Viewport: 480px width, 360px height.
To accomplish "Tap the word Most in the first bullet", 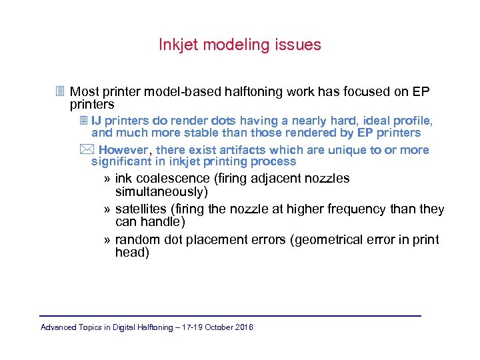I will [x=85, y=91].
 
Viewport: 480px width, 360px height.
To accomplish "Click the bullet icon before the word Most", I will [x=60, y=91].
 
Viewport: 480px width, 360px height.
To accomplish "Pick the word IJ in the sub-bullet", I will [x=96, y=121].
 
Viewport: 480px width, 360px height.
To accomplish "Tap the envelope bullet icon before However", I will [x=83, y=149].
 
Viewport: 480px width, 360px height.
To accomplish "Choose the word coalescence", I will [x=171, y=179].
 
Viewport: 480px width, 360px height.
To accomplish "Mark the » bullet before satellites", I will [x=108, y=209].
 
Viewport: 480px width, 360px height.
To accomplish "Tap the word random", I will [x=137, y=240].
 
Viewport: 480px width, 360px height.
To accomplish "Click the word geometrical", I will [x=329, y=240].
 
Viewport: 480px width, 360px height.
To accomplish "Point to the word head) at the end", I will [x=132, y=253].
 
